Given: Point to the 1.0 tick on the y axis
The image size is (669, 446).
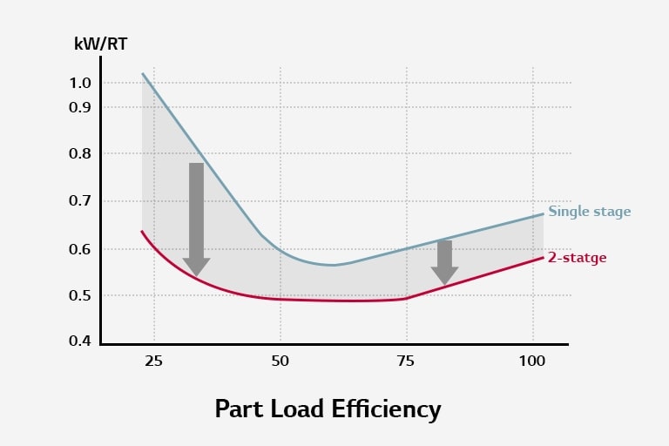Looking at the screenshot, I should coord(81,83).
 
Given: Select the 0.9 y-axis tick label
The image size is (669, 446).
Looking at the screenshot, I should coord(81,107).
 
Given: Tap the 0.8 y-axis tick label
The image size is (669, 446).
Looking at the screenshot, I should coord(81,154).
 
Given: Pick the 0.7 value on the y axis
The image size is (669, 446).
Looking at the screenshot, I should coord(81,201).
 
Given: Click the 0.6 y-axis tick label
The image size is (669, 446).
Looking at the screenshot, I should coord(81,249).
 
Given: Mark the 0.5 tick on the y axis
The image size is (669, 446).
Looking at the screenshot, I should coord(81,296).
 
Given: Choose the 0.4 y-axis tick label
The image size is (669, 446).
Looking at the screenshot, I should coord(81,340).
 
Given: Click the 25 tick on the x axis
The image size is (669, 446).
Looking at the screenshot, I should coord(154,361).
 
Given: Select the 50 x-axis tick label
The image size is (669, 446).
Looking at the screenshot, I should coord(280,361).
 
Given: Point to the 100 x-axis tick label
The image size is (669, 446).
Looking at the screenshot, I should coord(533,361).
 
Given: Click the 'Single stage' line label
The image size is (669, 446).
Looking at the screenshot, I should coord(589,212).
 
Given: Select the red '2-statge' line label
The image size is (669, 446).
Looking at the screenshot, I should coord(577,258).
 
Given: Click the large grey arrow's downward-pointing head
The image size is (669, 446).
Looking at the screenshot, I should coord(197,267).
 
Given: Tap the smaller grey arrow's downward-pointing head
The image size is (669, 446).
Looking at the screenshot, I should coord(444,275).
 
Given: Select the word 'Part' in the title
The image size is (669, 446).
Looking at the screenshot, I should coord(239,409).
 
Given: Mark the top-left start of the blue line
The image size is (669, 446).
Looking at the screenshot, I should coord(143,74).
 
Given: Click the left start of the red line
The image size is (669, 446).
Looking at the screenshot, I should coord(142,232).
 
